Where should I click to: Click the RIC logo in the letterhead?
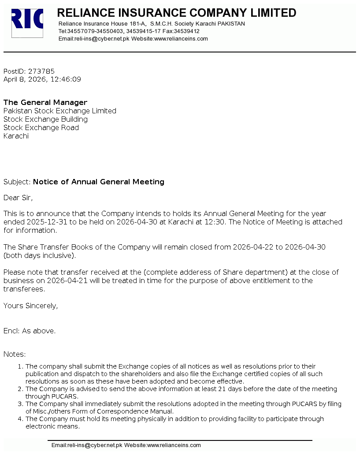pyautogui.click(x=27, y=23)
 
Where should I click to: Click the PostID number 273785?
pyautogui.click(x=41, y=71)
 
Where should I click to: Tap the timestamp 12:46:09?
pyautogui.click(x=66, y=79)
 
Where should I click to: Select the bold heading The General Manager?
pyautogui.click(x=45, y=102)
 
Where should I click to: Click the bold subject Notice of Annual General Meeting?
pyautogui.click(x=99, y=182)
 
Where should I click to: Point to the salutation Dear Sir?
pyautogui.click(x=18, y=198)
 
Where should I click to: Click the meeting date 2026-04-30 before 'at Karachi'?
pyautogui.click(x=137, y=222)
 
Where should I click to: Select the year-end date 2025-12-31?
pyautogui.click(x=46, y=222)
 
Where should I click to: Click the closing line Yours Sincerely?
pyautogui.click(x=30, y=306)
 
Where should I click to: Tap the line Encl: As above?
pyautogui.click(x=30, y=331)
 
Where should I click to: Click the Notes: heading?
pyautogui.click(x=15, y=354)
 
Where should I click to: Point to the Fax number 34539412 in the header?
pyautogui.click(x=187, y=31)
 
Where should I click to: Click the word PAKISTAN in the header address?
pyautogui.click(x=231, y=24)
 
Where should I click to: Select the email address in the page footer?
pyautogui.click(x=87, y=445)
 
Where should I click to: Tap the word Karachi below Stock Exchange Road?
pyautogui.click(x=16, y=136)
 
